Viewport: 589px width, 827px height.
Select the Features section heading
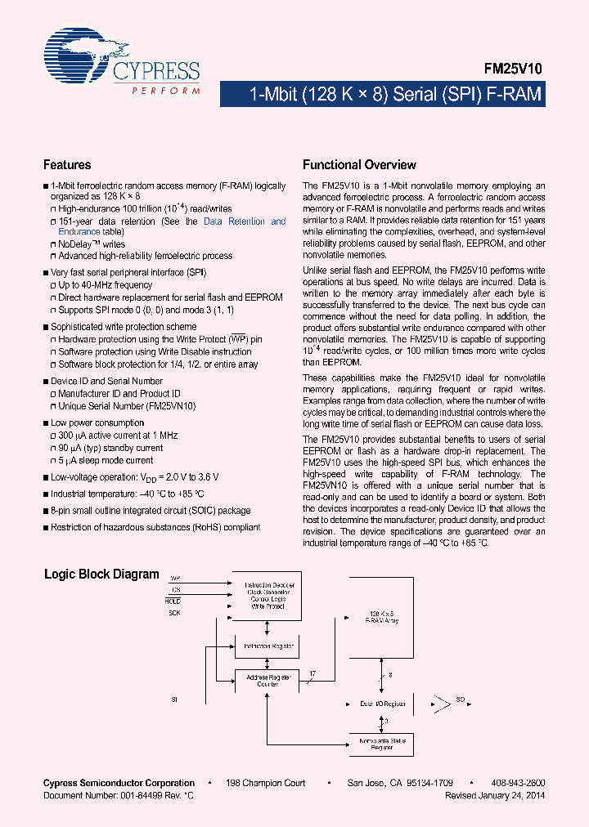(67, 165)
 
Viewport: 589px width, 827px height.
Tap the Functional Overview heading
(359, 165)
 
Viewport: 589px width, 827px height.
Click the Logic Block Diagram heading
(101, 574)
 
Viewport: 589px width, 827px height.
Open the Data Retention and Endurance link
(245, 221)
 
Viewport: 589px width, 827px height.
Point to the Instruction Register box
(268, 646)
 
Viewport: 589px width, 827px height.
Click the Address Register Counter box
(268, 680)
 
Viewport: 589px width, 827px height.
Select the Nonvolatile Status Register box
(381, 743)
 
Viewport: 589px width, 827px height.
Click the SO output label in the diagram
(461, 700)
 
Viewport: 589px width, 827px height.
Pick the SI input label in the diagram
(173, 700)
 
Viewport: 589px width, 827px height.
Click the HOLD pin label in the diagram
(173, 601)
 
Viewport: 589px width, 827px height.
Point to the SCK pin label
(173, 612)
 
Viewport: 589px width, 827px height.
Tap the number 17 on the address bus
(312, 674)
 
